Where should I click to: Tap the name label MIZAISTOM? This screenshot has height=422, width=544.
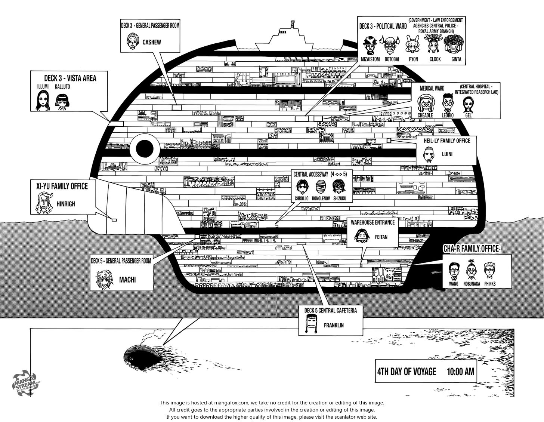370,59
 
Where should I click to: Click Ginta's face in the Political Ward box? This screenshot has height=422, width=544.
454,45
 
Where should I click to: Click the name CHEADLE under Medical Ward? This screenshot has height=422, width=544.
425,115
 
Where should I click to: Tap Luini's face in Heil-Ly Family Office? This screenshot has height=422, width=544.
430,154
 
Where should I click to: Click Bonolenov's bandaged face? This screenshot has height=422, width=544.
320,186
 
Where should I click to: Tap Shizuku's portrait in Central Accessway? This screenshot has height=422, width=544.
339,186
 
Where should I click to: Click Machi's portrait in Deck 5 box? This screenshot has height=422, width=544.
103,279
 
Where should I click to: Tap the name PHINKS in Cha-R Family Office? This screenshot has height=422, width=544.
489,284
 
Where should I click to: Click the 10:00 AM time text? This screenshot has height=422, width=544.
460,372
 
